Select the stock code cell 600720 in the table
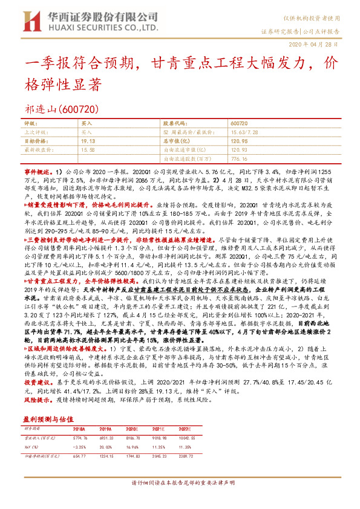[x=239, y=123]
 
